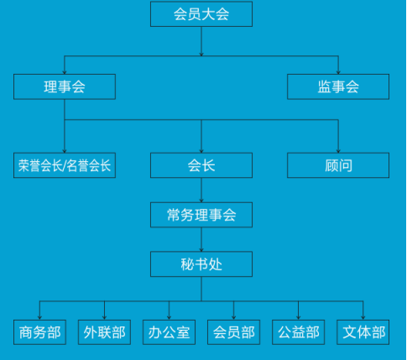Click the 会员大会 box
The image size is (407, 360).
click(201, 14)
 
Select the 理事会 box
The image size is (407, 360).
click(65, 86)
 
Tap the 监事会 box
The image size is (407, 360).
click(338, 86)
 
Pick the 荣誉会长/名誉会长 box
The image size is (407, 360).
click(65, 165)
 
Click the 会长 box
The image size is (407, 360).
click(201, 165)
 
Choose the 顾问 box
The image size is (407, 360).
click(338, 165)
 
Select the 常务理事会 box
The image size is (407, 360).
click(201, 215)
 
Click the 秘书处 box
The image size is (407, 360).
click(201, 264)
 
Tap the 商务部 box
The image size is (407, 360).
click(39, 332)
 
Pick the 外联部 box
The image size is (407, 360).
click(104, 332)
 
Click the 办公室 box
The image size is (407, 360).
click(169, 332)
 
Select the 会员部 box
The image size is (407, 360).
click(233, 332)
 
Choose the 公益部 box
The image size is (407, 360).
click(298, 332)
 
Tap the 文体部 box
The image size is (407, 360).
click(363, 332)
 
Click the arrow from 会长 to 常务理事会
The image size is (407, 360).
click(201, 190)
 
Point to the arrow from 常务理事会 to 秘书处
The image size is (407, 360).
click(201, 239)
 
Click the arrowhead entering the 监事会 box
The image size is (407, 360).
click(338, 72)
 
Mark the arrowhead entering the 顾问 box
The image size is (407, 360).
click(338, 151)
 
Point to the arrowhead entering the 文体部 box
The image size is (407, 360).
click(363, 318)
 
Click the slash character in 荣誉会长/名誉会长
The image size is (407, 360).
click(65, 165)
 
